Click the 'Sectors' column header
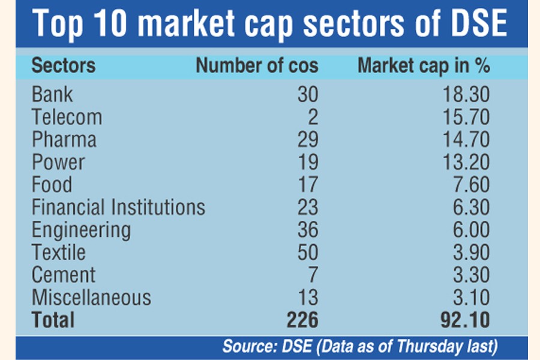pos(63,65)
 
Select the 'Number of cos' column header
pos(256,65)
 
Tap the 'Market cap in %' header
pos(424,65)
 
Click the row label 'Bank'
pos(52,94)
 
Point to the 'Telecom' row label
pos(67,117)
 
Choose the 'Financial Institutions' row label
pos(118,208)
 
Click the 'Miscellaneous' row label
pos(91,298)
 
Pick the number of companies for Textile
pos(307,253)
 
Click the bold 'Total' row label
pos(54,320)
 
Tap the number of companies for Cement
pos(312,275)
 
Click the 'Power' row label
pos(58,162)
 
